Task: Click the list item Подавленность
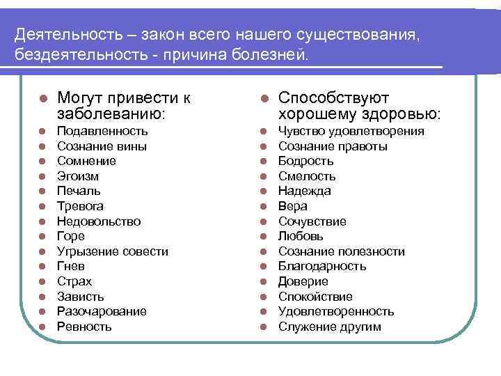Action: pyautogui.click(x=102, y=131)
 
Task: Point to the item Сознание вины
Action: pyautogui.click(x=96, y=146)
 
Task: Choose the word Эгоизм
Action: pyautogui.click(x=78, y=176)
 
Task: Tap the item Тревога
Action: pyautogui.click(x=80, y=206)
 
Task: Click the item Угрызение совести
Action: pyautogui.click(x=112, y=251)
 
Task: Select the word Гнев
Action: pyautogui.click(x=72, y=266)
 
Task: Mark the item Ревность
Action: pyautogui.click(x=84, y=327)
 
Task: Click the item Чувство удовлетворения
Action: pyautogui.click(x=351, y=131)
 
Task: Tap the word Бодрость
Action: pyautogui.click(x=306, y=161)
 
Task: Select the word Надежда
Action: pyautogui.click(x=305, y=191)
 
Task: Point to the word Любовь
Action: pyautogui.click(x=301, y=236)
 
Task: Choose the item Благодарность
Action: pyautogui.click(x=322, y=266)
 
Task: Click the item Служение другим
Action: pyautogui.click(x=330, y=327)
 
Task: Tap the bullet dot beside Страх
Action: pyautogui.click(x=42, y=281)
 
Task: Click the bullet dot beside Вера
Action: pyautogui.click(x=264, y=206)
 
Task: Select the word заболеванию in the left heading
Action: pyautogui.click(x=110, y=113)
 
